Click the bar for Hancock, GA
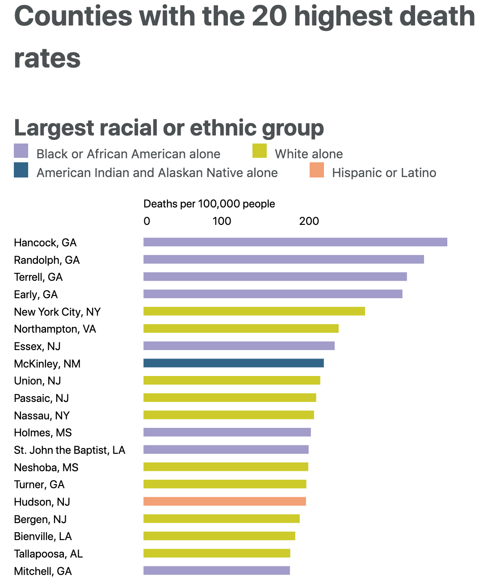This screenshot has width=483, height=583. click(295, 242)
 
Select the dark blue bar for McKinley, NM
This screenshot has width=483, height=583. click(233, 363)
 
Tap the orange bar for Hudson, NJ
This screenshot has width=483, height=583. click(224, 501)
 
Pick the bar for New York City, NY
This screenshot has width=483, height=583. click(254, 311)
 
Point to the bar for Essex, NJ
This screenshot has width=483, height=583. click(239, 346)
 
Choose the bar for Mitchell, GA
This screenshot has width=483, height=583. click(216, 570)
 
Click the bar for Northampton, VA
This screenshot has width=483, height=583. click(241, 329)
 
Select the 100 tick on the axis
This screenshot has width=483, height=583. click(222, 221)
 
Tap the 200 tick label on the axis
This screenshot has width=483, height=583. click(309, 221)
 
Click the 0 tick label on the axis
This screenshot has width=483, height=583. click(147, 221)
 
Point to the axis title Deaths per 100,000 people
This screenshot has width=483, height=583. click(209, 204)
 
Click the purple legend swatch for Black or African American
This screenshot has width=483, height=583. click(21, 151)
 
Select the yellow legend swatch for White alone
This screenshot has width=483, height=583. click(260, 151)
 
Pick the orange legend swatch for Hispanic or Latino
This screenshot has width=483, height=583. click(317, 170)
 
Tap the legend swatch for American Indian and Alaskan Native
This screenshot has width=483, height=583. click(21, 170)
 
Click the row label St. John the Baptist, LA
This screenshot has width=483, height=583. click(69, 450)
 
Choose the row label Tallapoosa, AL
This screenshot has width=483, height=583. click(48, 553)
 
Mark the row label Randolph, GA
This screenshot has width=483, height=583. click(46, 260)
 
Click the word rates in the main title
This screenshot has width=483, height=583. click(47, 59)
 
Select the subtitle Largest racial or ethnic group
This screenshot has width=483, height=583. click(169, 128)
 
